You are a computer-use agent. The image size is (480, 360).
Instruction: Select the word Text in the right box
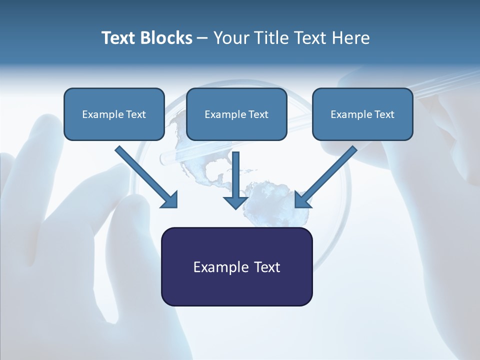coord(384,114)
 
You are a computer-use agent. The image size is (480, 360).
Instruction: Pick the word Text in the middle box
coord(258,114)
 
